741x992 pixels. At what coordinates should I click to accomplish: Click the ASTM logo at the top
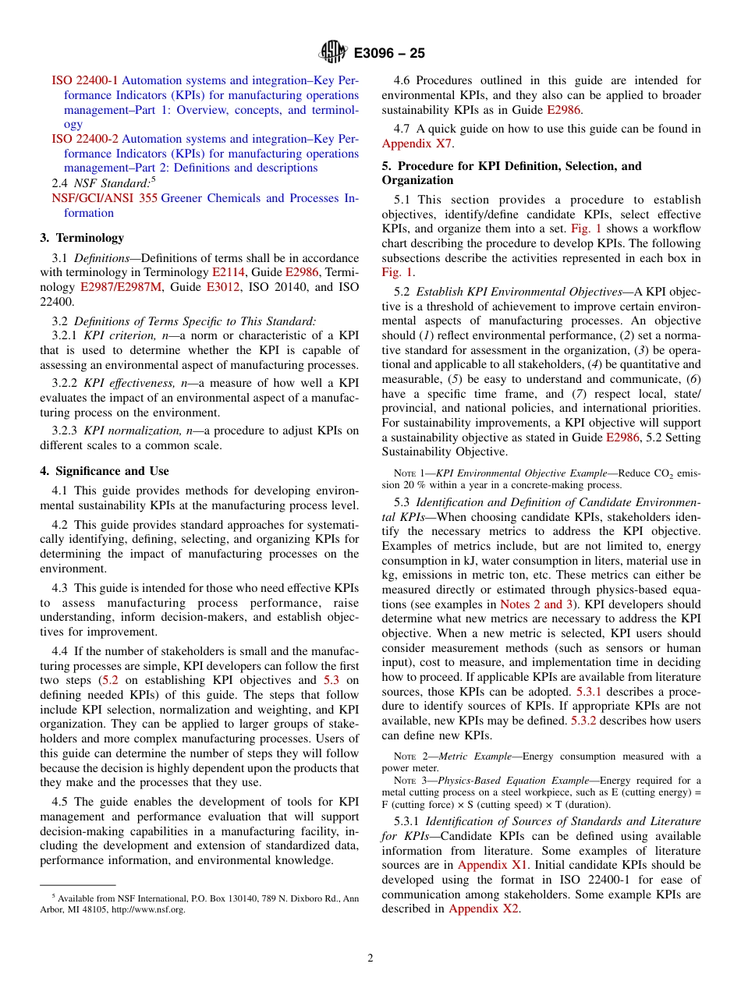click(333, 53)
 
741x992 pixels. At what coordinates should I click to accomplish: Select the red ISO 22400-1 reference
click(85, 80)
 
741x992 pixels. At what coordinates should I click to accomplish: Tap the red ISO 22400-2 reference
click(85, 139)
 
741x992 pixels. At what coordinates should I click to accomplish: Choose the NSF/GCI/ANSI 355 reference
click(105, 198)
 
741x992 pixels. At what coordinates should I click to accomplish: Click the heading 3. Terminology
click(82, 238)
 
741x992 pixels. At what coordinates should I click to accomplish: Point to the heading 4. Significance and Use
click(105, 471)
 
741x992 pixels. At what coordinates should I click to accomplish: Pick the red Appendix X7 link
click(417, 143)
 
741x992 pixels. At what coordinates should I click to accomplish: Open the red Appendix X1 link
click(492, 865)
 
